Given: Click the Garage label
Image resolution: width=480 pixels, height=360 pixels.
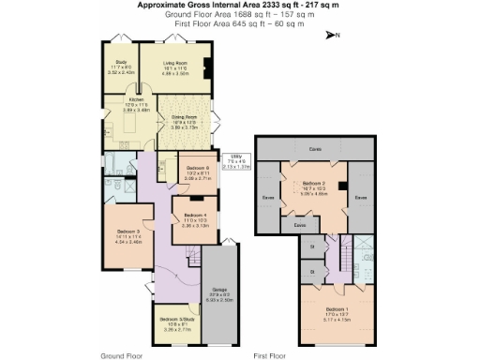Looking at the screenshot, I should (219, 290).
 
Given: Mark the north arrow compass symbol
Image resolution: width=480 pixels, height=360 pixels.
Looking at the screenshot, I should (331, 35).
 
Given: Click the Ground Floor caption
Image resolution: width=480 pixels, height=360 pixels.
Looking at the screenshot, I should (121, 356).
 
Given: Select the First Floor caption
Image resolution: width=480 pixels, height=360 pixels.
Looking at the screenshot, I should (270, 356).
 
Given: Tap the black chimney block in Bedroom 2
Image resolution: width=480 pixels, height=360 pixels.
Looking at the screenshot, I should (344, 187).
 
